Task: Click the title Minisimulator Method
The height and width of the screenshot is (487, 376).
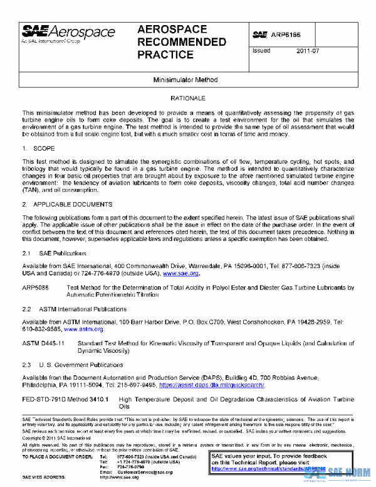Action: (x=188, y=82)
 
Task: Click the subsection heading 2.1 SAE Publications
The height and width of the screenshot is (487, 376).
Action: (x=55, y=252)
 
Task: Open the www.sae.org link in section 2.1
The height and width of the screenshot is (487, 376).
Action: (x=180, y=274)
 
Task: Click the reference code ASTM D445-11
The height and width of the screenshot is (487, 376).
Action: (x=43, y=343)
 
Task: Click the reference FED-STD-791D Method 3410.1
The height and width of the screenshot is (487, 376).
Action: (x=66, y=399)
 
